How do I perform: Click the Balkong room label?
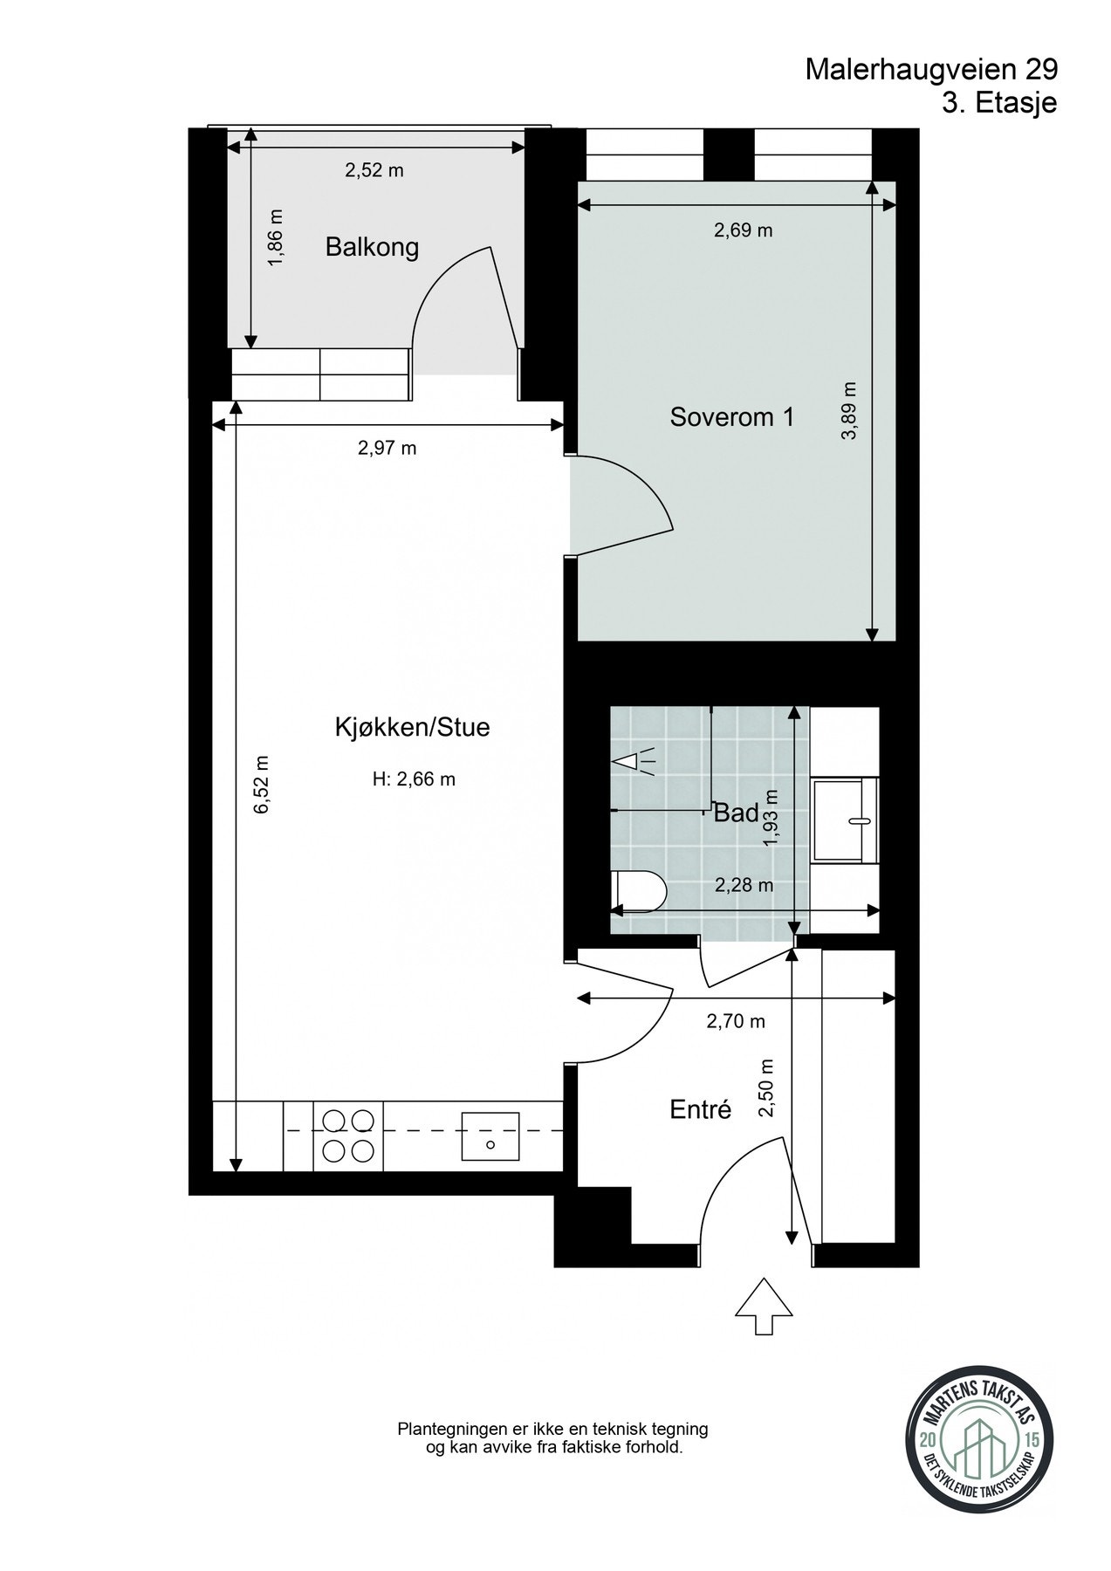[x=372, y=248]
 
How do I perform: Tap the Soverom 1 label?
[x=732, y=417]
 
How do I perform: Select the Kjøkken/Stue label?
[x=413, y=727]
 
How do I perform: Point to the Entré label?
[x=700, y=1109]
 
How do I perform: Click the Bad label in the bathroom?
[x=736, y=813]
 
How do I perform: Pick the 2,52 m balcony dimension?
[x=374, y=170]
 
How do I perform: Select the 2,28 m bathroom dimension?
[x=744, y=885]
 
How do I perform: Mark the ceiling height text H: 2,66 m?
[x=414, y=779]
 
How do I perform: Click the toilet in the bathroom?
[x=639, y=891]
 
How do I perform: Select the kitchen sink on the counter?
[x=490, y=1135]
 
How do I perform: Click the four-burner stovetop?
[x=346, y=1135]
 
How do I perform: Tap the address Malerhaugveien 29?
[x=931, y=69]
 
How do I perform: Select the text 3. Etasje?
[x=999, y=103]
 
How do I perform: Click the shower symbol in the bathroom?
[x=637, y=761]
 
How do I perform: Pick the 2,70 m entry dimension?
[x=736, y=1020]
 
